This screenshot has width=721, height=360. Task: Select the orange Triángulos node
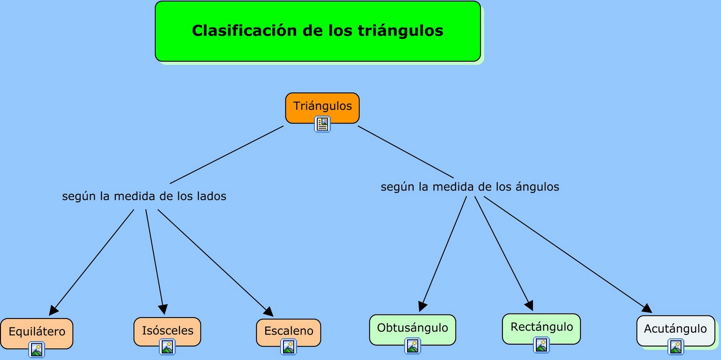point(322,106)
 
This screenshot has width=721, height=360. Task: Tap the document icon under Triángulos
point(322,124)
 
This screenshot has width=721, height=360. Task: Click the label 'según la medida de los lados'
point(144,196)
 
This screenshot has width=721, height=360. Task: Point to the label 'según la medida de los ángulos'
point(470,187)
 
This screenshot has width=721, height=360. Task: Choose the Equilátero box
point(37,332)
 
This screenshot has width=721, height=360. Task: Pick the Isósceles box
point(167,331)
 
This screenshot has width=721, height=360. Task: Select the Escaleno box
point(288,331)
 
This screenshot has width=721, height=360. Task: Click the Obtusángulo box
point(412,328)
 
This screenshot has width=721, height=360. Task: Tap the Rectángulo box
point(541,327)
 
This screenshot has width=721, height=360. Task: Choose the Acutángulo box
point(675,329)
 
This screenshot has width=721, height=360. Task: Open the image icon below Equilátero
point(37,350)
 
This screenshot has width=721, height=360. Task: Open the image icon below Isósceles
point(168,347)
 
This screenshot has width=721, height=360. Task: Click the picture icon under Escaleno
point(288,347)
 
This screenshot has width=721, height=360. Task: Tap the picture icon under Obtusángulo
point(413,346)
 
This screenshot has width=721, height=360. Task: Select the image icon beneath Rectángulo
point(541,345)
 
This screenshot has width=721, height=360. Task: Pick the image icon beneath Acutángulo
point(676,347)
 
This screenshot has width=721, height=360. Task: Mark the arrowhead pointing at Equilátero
point(53,310)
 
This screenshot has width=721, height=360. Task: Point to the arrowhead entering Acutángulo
point(648,308)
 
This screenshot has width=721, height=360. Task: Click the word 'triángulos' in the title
point(401,31)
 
